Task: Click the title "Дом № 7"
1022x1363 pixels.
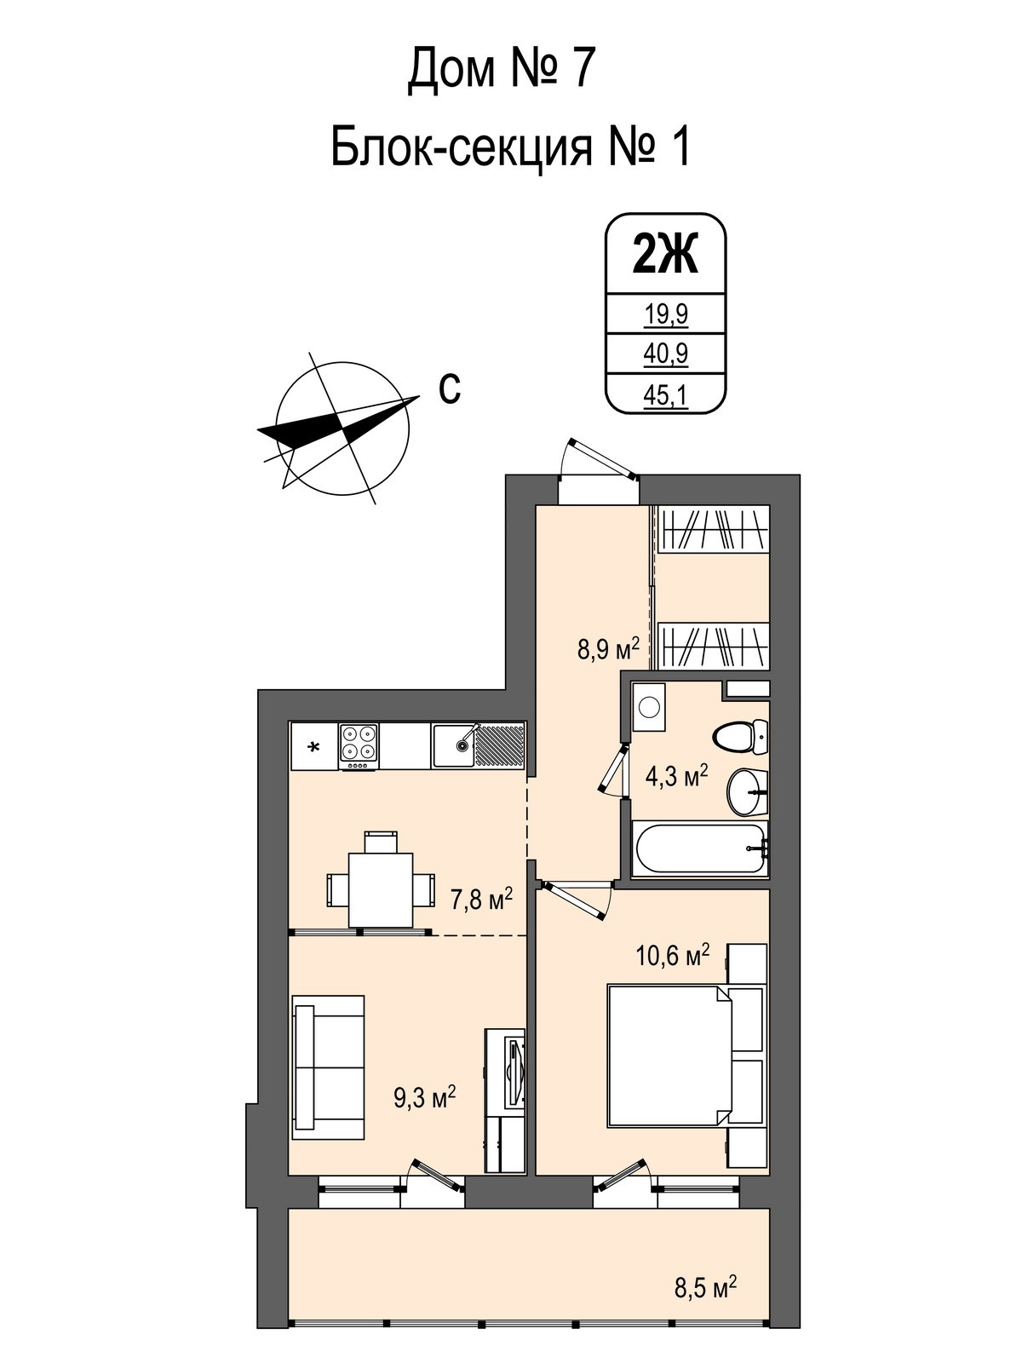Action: [498, 70]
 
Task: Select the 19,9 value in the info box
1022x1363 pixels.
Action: [665, 315]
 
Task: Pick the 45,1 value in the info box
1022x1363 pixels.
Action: [665, 396]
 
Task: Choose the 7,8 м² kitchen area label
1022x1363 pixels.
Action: [481, 899]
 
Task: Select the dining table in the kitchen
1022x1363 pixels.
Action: [381, 889]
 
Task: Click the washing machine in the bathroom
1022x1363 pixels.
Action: [649, 708]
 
